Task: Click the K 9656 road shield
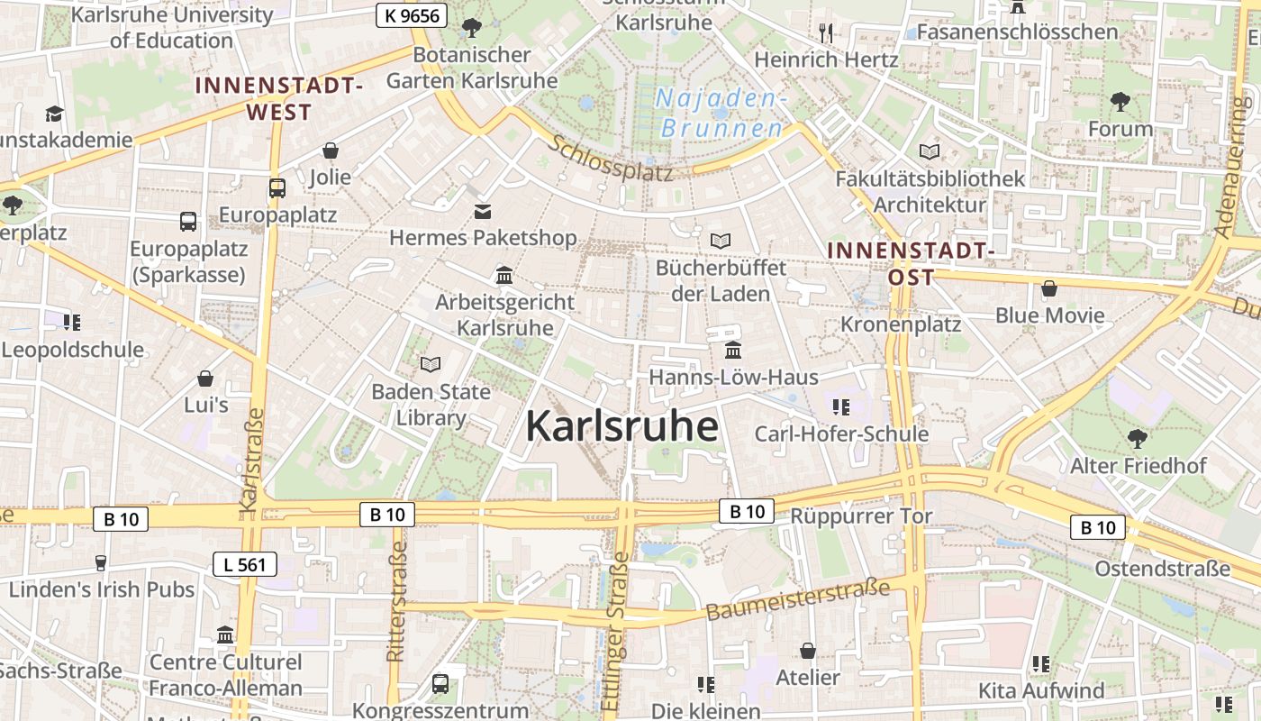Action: (x=411, y=14)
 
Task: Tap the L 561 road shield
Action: (x=244, y=565)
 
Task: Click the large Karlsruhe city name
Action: (x=621, y=426)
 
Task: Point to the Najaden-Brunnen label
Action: (x=721, y=113)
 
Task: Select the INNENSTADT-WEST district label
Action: (x=278, y=98)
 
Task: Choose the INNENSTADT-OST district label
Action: (x=910, y=262)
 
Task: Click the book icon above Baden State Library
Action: (x=431, y=364)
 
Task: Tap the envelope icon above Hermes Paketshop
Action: (x=483, y=212)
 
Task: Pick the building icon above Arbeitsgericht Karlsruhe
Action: (x=504, y=275)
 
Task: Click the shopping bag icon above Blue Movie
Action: (x=1049, y=289)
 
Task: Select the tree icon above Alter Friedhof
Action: (x=1137, y=439)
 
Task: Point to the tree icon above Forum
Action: (x=1120, y=102)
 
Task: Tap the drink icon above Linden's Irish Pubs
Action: (x=101, y=563)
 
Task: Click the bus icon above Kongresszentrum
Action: (x=440, y=683)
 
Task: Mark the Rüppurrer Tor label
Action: (x=861, y=516)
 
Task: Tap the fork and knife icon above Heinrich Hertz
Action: (x=826, y=33)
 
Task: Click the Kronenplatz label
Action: (x=901, y=324)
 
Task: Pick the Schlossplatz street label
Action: (x=612, y=159)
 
